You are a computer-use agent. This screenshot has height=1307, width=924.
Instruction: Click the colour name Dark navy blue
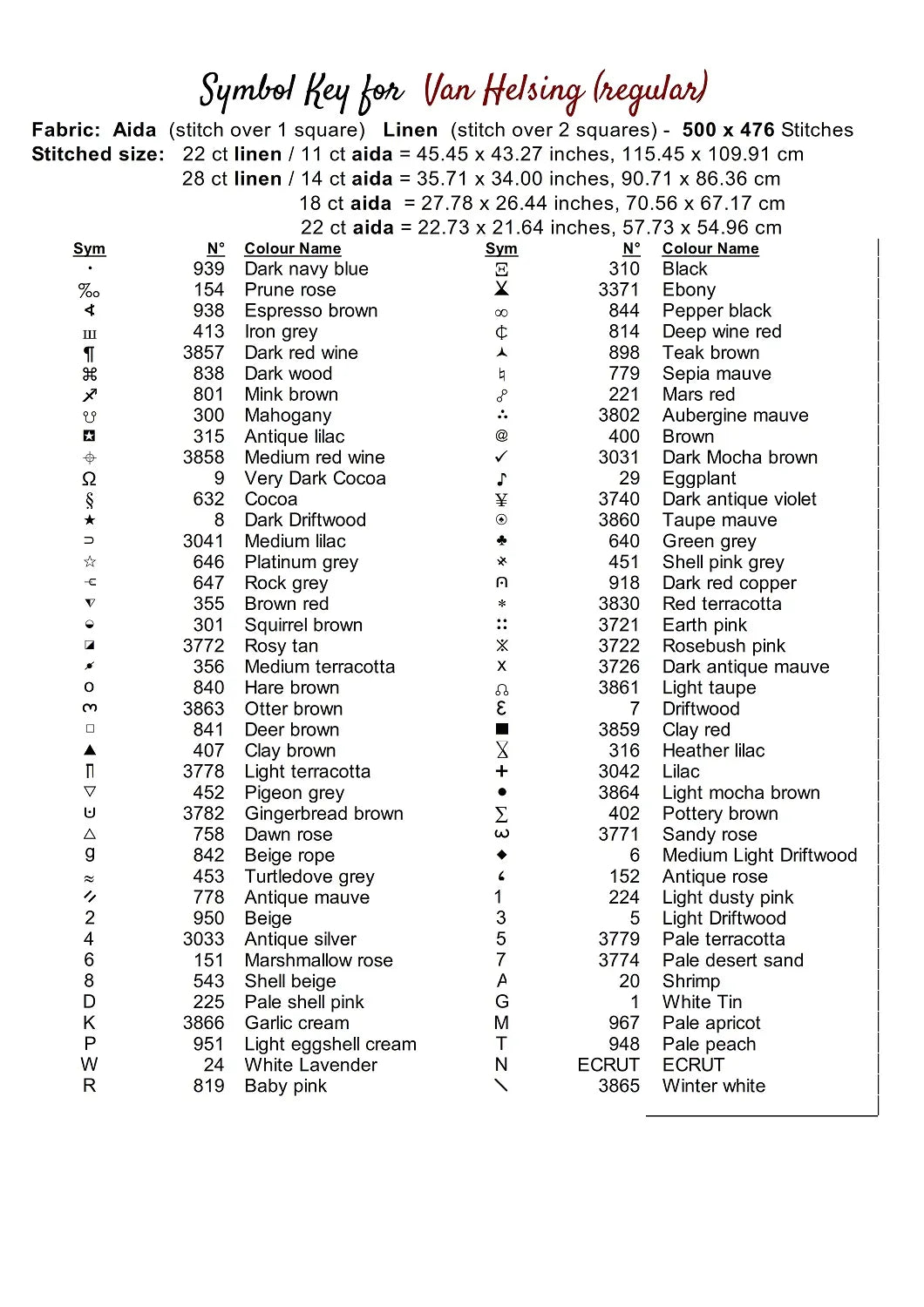pyautogui.click(x=306, y=269)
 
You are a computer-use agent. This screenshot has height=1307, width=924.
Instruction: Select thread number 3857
pyautogui.click(x=203, y=353)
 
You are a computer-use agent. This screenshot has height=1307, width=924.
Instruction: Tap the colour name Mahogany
pyautogui.click(x=288, y=416)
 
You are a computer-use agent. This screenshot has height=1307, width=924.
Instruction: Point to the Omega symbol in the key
pyautogui.click(x=89, y=478)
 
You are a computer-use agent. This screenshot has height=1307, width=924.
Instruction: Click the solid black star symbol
pyautogui.click(x=89, y=520)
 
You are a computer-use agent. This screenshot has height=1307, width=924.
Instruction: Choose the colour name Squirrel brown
pyautogui.click(x=303, y=625)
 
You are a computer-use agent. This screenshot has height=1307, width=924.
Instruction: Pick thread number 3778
pyautogui.click(x=203, y=771)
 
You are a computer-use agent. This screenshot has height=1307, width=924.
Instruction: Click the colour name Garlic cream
pyautogui.click(x=296, y=1023)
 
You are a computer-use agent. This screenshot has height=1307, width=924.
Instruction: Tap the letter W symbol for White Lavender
pyautogui.click(x=89, y=1065)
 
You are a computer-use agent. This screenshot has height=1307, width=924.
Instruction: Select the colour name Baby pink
pyautogui.click(x=285, y=1086)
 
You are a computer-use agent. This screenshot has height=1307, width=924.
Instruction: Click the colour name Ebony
pyautogui.click(x=689, y=290)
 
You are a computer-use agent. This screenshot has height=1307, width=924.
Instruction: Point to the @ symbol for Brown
pyautogui.click(x=501, y=436)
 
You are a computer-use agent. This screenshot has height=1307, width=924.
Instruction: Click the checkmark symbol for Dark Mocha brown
pyautogui.click(x=501, y=457)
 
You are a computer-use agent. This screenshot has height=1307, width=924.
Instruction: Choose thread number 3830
pyautogui.click(x=619, y=604)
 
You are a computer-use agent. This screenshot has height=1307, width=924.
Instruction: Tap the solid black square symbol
pyautogui.click(x=501, y=729)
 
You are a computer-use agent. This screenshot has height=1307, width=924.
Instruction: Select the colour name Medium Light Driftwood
pyautogui.click(x=759, y=856)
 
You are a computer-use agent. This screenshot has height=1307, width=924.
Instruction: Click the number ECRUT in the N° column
pyautogui.click(x=608, y=1065)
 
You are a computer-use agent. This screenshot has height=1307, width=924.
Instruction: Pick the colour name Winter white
pyautogui.click(x=713, y=1086)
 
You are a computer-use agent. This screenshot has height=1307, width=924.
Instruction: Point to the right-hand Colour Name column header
pyautogui.click(x=710, y=248)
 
